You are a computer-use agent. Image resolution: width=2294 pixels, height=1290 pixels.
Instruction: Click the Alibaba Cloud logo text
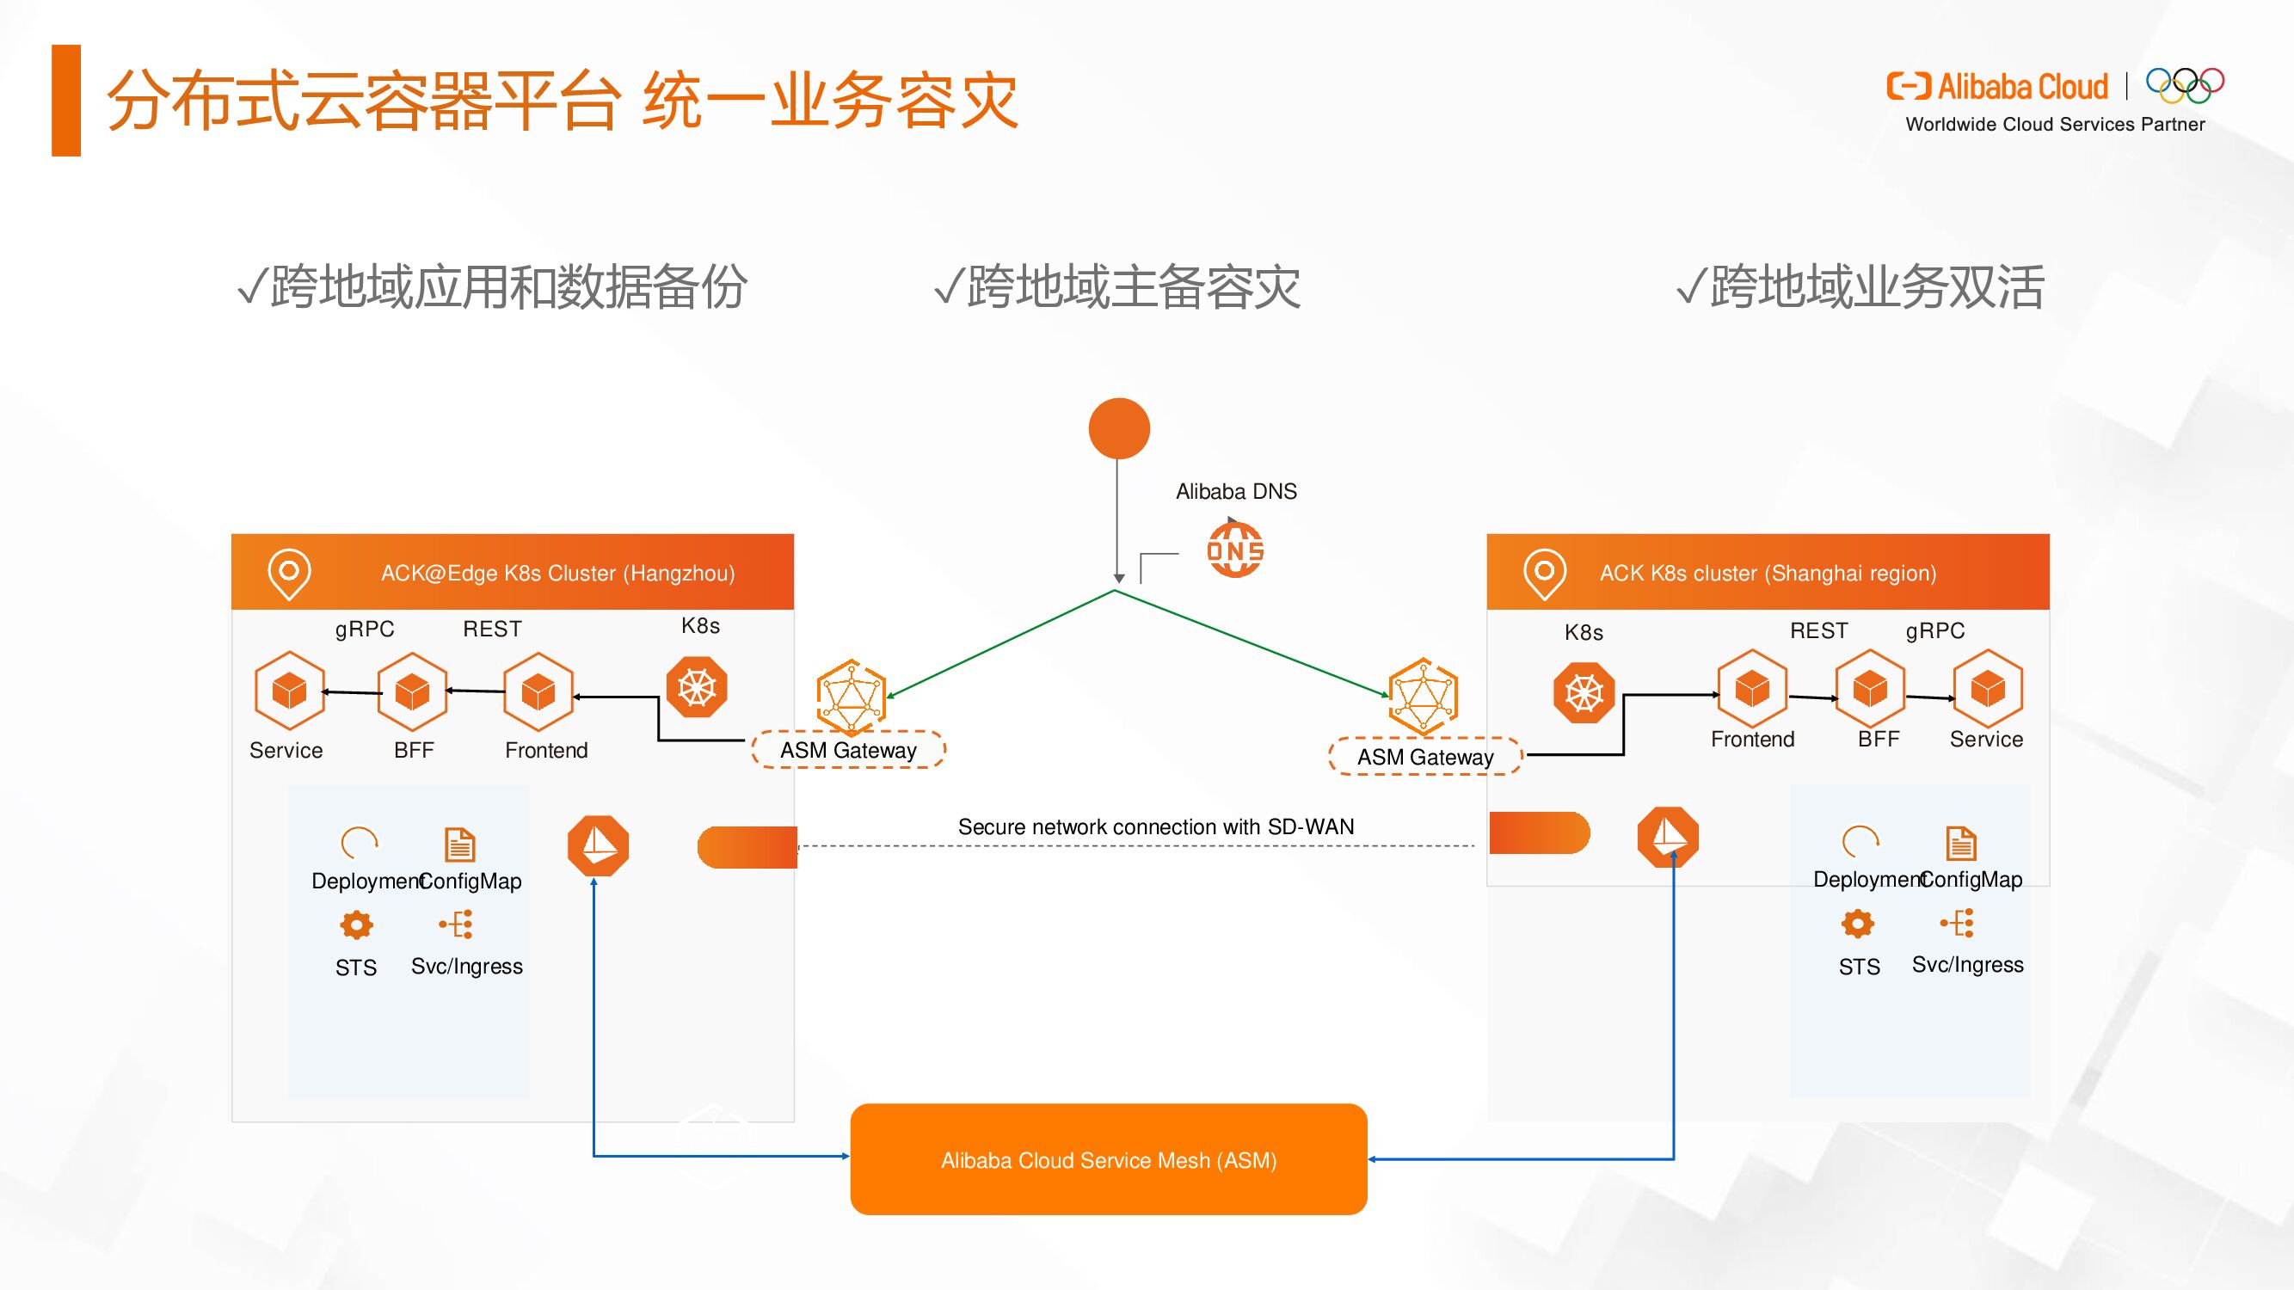pyautogui.click(x=2021, y=86)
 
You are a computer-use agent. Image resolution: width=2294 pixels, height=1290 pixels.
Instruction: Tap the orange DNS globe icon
pyautogui.click(x=1235, y=551)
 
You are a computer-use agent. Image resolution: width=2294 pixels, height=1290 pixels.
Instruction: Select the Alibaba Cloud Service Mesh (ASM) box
pyautogui.click(x=1109, y=1159)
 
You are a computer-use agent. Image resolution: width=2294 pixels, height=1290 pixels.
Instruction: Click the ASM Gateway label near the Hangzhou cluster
pyautogui.click(x=848, y=751)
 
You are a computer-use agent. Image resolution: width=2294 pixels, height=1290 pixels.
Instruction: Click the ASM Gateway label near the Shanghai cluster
pyautogui.click(x=1425, y=757)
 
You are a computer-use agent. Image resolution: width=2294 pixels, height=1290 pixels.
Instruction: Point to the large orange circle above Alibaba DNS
pyautogui.click(x=1119, y=428)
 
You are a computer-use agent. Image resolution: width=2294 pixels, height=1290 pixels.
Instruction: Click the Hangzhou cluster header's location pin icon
pyautogui.click(x=289, y=573)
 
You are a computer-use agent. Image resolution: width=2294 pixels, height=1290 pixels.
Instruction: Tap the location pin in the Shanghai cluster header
pyautogui.click(x=1544, y=573)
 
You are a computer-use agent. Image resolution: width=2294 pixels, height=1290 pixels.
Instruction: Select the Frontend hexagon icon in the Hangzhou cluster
pyautogui.click(x=538, y=691)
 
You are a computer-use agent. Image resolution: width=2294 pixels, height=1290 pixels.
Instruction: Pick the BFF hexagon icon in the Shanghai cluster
pyautogui.click(x=1869, y=689)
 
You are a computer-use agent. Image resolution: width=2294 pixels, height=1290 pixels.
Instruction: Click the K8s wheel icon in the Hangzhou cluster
pyautogui.click(x=698, y=687)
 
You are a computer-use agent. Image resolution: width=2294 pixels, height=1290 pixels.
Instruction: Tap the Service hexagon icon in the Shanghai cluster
pyautogui.click(x=1988, y=689)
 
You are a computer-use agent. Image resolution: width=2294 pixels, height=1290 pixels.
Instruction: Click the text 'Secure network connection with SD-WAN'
pyautogui.click(x=1156, y=826)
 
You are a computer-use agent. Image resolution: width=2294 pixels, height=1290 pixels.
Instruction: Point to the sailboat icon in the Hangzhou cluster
pyautogui.click(x=599, y=845)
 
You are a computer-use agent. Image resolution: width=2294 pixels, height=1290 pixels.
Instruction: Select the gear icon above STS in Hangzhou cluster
pyautogui.click(x=356, y=925)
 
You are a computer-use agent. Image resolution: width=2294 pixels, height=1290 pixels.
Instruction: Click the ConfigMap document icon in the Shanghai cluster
pyautogui.click(x=1961, y=843)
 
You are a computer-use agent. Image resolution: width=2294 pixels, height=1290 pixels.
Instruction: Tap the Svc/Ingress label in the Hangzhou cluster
pyautogui.click(x=467, y=966)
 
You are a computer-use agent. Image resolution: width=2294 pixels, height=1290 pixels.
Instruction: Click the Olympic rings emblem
pyautogui.click(x=2185, y=85)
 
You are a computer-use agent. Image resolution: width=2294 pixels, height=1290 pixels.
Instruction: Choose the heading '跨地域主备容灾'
pyautogui.click(x=1117, y=286)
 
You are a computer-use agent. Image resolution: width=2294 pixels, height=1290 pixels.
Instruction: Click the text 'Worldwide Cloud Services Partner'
pyautogui.click(x=2054, y=125)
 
